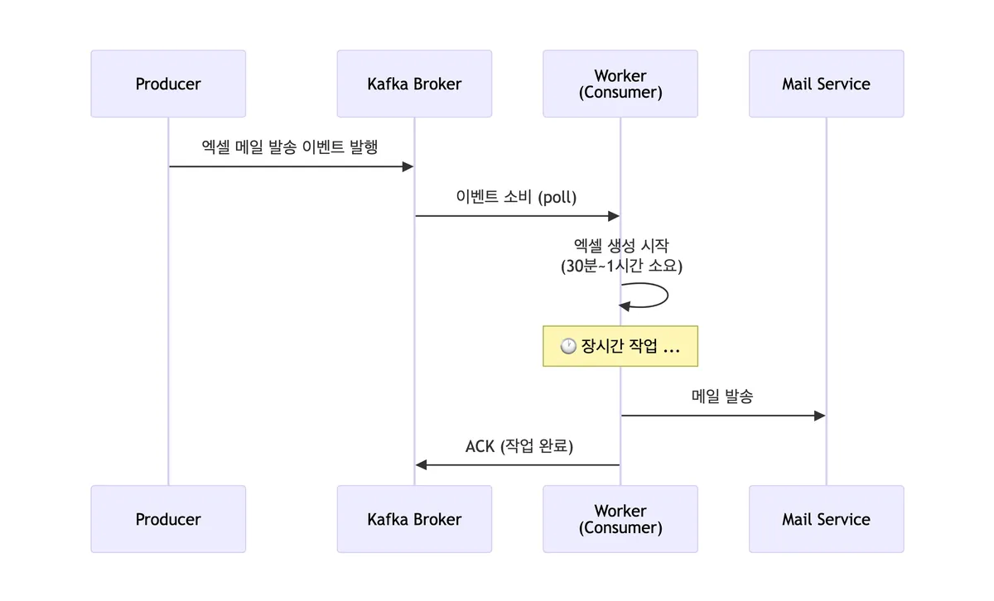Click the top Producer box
coord(168,84)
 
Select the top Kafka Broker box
coord(414,84)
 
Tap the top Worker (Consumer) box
coord(620,84)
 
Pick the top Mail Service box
coord(826,84)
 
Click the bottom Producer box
coord(168,519)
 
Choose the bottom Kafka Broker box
coord(414,519)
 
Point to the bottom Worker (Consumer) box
coord(620,519)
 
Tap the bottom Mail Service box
coord(826,519)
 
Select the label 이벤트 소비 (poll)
coord(516,197)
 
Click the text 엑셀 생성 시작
coord(621,246)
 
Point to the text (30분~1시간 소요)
coord(621,267)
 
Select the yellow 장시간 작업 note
coord(620,346)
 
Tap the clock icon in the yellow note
coord(568,347)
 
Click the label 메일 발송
coord(722,397)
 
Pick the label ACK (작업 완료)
coord(519,446)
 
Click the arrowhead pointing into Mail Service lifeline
coord(820,416)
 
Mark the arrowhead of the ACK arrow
coord(421,465)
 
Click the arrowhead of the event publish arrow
coord(408,167)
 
